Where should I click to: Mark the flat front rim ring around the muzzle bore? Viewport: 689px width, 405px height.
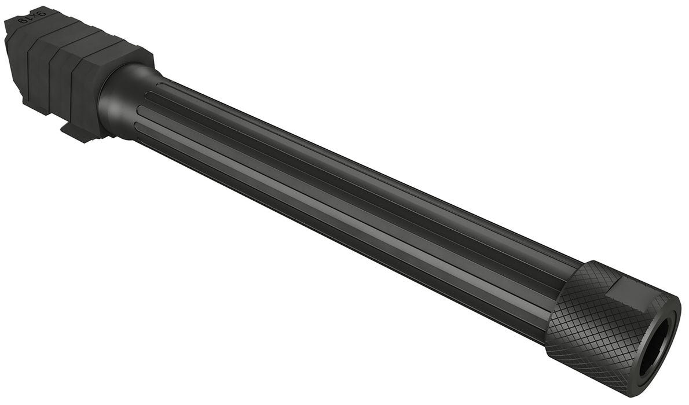click(x=672, y=324)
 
